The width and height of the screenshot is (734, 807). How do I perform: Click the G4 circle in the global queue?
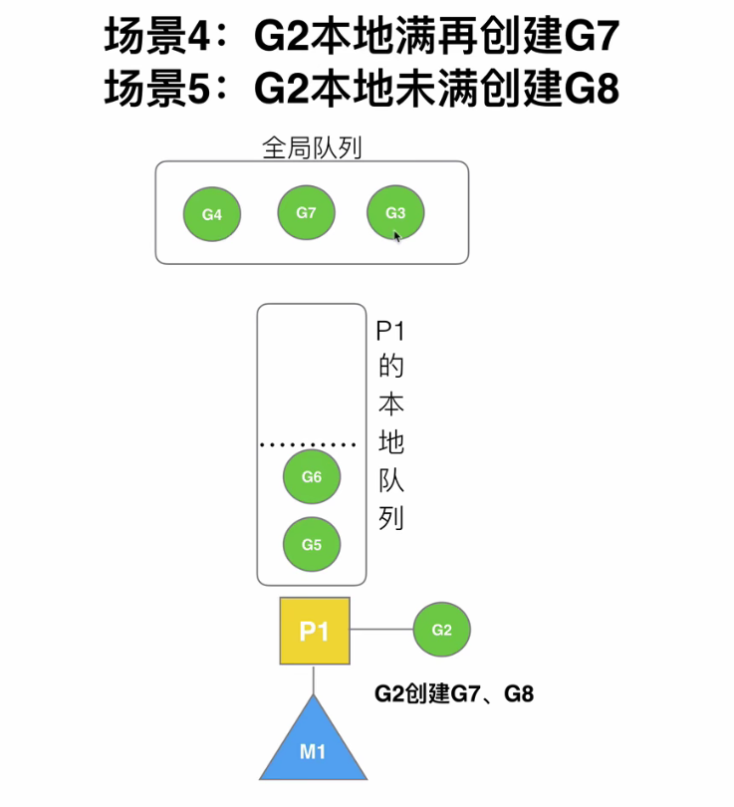[x=212, y=214]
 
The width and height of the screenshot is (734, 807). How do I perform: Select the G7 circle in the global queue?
[x=306, y=212]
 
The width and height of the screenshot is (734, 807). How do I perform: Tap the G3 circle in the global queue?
[x=395, y=212]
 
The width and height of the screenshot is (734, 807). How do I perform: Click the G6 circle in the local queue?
[x=312, y=477]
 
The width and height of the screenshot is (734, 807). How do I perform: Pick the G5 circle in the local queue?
[x=312, y=544]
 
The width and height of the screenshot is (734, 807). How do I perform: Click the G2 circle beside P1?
[x=441, y=630]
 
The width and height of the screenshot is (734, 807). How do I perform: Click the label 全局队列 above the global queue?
[x=311, y=147]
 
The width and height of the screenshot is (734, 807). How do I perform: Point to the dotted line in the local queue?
[x=308, y=444]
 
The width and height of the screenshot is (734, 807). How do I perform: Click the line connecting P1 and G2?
[x=381, y=630]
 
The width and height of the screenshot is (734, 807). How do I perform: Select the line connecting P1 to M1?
[x=315, y=679]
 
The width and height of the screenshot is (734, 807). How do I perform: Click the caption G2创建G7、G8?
[x=453, y=694]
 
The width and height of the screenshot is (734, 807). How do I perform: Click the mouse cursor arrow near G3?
[x=397, y=237]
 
